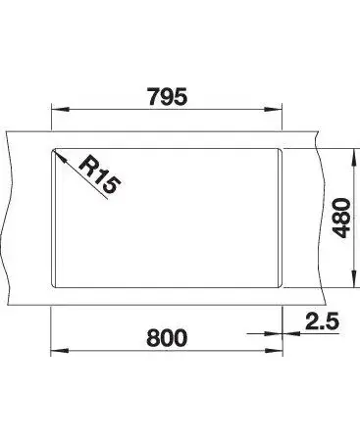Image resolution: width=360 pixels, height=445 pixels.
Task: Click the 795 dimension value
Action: (x=168, y=96)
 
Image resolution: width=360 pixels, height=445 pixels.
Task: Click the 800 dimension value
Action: (x=167, y=337)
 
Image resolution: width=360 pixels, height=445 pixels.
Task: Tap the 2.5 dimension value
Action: (x=322, y=321)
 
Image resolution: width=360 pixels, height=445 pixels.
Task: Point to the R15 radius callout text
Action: (x=99, y=174)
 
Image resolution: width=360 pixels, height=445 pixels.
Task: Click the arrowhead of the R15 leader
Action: (x=59, y=156)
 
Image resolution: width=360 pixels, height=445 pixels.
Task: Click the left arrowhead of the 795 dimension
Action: (x=61, y=110)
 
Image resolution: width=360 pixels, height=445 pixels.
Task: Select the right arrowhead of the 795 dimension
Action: (x=273, y=110)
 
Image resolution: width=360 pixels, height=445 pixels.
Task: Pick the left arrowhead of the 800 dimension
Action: (x=60, y=351)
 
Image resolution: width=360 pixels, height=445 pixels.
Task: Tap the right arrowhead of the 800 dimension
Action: (x=274, y=351)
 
